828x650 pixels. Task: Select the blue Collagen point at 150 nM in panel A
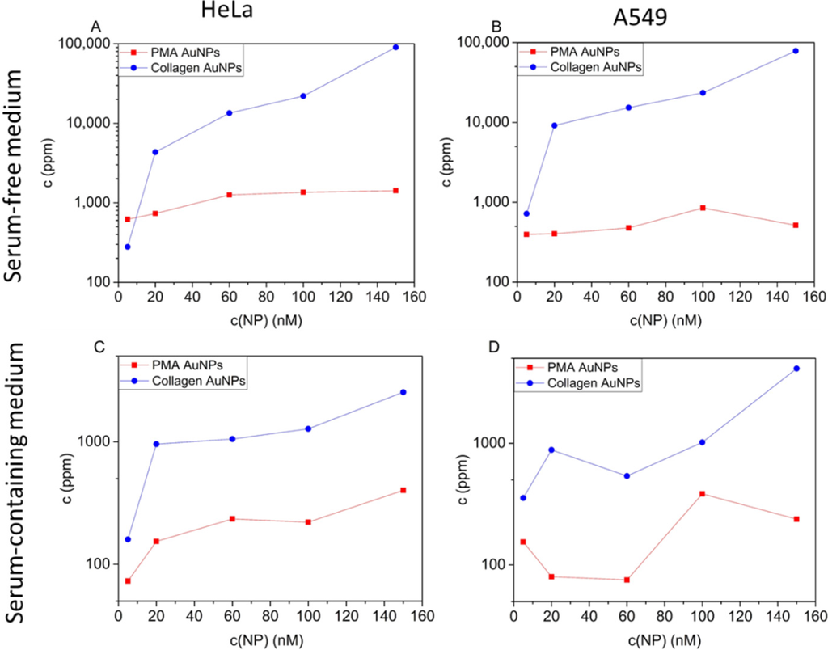click(395, 47)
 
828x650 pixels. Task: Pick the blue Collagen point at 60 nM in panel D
click(628, 475)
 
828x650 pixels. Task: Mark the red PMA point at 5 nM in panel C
click(128, 580)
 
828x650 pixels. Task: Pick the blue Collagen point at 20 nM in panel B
click(554, 125)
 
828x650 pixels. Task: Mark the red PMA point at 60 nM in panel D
click(628, 580)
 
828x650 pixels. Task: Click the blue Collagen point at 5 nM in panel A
click(128, 247)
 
